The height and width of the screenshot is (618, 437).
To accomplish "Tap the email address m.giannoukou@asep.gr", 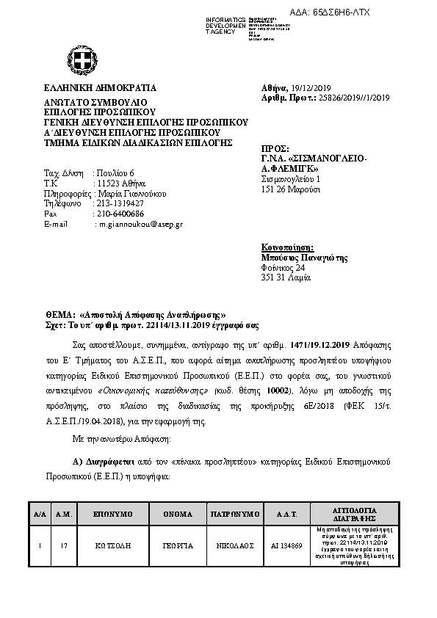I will coord(142,224).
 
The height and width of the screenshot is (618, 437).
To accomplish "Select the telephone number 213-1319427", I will coord(120,203).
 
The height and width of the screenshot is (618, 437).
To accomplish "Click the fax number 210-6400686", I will coord(120,214).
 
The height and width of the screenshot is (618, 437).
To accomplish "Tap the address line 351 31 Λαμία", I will coord(286,278).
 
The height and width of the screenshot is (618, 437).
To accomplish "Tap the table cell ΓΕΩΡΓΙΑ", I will coord(178,546).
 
